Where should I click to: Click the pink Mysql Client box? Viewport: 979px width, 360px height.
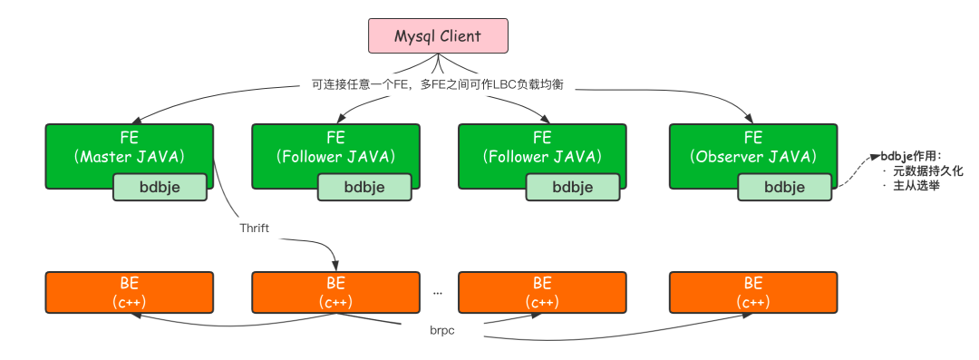(x=437, y=36)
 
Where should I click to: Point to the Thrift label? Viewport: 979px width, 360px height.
(x=256, y=228)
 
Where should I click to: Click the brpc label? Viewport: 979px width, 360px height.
(x=441, y=330)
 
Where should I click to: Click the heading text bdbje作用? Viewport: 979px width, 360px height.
(x=912, y=156)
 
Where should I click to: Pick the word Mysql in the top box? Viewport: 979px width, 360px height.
(x=415, y=36)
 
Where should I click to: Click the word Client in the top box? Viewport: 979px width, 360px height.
(x=461, y=36)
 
